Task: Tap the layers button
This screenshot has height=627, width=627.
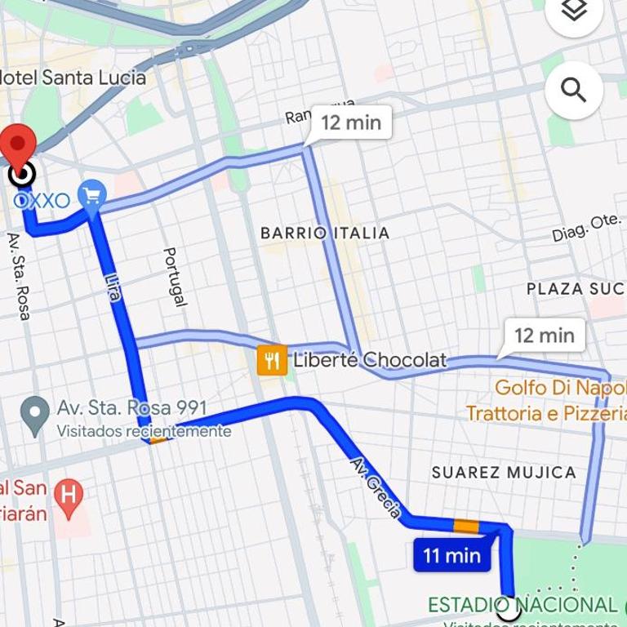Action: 573,11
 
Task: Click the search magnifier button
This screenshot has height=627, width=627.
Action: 573,90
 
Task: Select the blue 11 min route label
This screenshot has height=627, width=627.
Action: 451,556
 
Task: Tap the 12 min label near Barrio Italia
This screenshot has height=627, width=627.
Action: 351,122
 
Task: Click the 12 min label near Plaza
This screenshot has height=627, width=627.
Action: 545,335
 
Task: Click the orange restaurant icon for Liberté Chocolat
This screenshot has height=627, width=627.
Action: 272,359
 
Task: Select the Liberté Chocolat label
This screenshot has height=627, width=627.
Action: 370,359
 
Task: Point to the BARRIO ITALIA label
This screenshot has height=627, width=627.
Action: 325,233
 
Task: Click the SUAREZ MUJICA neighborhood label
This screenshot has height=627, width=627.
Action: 504,472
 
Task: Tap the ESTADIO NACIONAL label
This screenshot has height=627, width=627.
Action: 522,605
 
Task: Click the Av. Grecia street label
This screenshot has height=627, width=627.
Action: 376,487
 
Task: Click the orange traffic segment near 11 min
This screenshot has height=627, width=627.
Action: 466,526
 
